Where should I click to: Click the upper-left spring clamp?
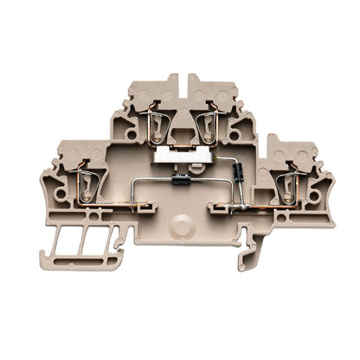point(153,125)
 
